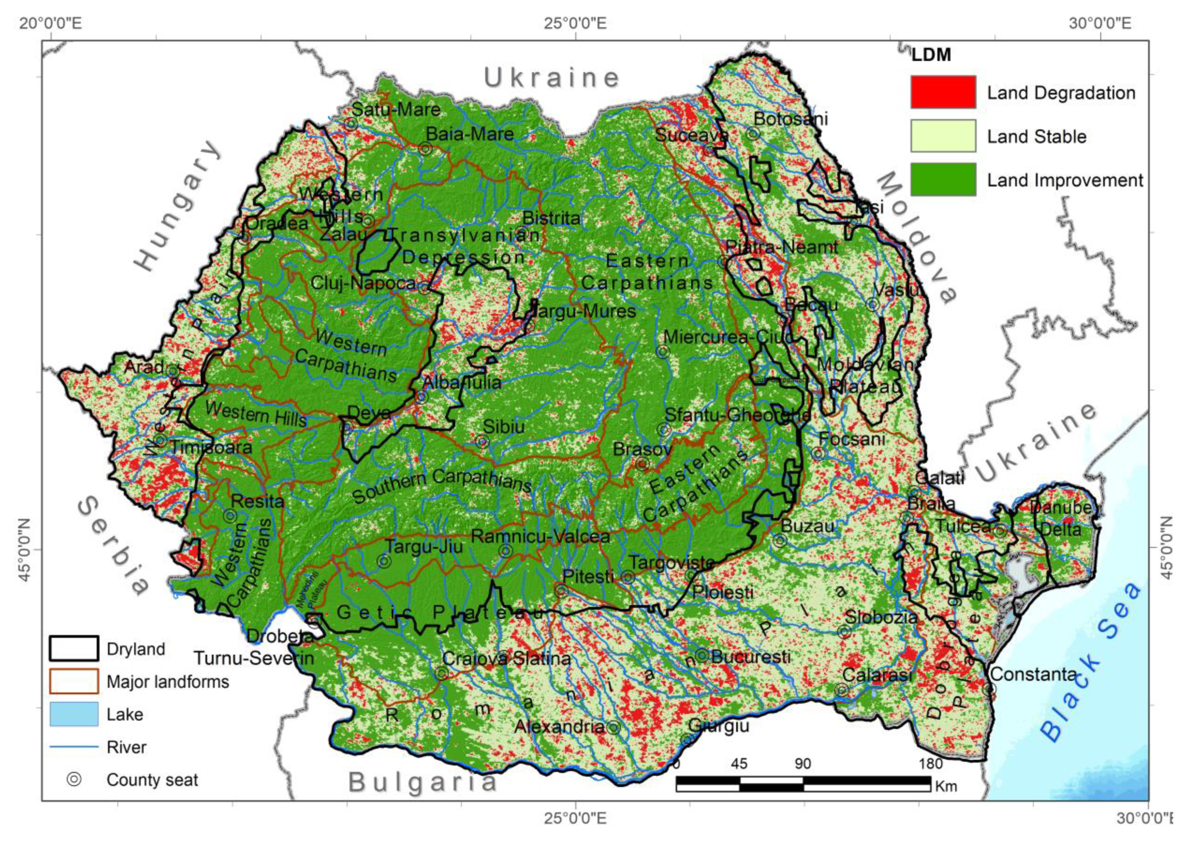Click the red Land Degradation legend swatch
943,92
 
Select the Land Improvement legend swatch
943,179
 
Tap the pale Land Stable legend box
943,136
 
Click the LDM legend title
931,55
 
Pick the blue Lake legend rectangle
74,714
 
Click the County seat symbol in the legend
74,779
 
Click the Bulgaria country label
422,782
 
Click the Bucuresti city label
751,657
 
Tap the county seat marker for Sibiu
483,442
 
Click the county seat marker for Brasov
642,463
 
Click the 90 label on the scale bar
803,764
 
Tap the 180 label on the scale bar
931,764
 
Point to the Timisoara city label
211,447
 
